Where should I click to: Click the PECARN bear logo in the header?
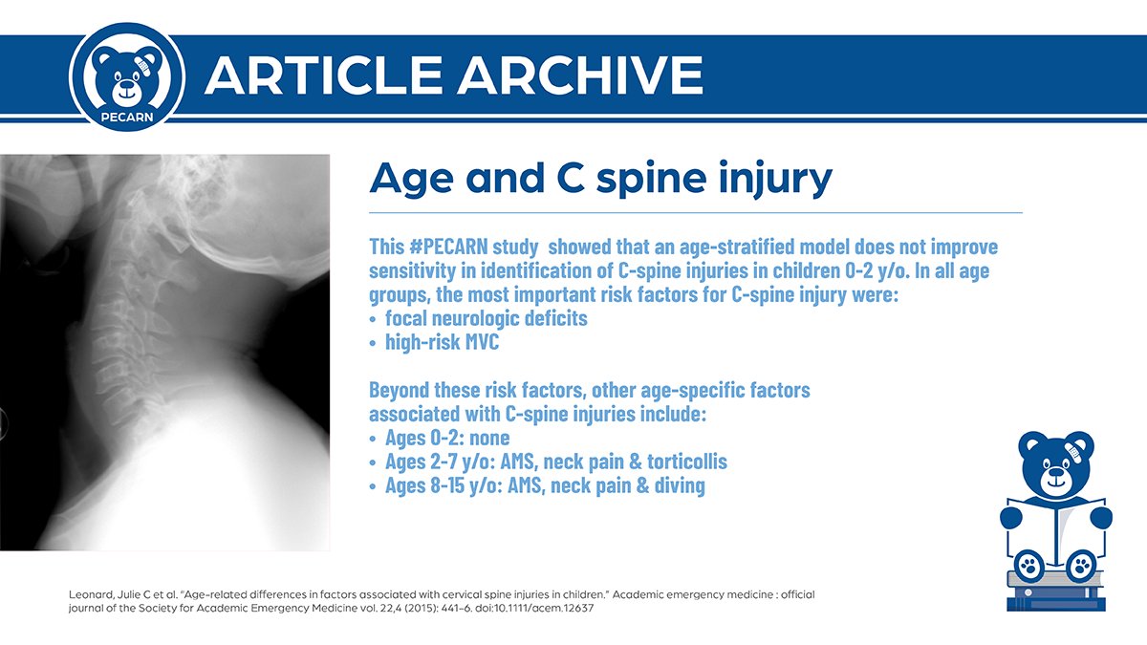pyautogui.click(x=126, y=73)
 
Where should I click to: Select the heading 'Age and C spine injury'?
pyautogui.click(x=600, y=179)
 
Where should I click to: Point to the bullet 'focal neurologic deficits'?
pyautogui.click(x=486, y=318)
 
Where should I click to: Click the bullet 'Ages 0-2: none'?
pyautogui.click(x=446, y=439)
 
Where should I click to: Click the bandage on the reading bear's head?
pyautogui.click(x=1080, y=447)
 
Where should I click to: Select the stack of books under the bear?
pyautogui.click(x=1056, y=592)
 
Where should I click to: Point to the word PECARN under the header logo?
pyautogui.click(x=126, y=117)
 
